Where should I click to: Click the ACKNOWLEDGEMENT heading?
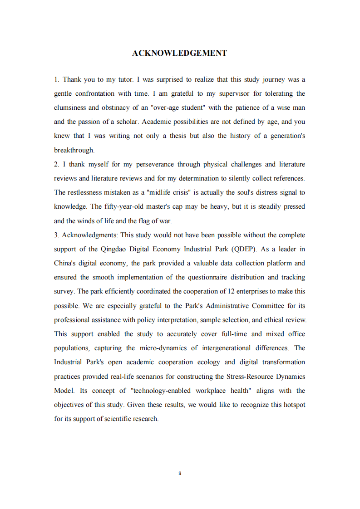click(179, 53)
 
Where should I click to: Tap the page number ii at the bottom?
click(180, 473)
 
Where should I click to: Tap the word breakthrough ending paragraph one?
click(74, 150)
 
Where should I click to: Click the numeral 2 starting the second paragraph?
click(56, 164)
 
